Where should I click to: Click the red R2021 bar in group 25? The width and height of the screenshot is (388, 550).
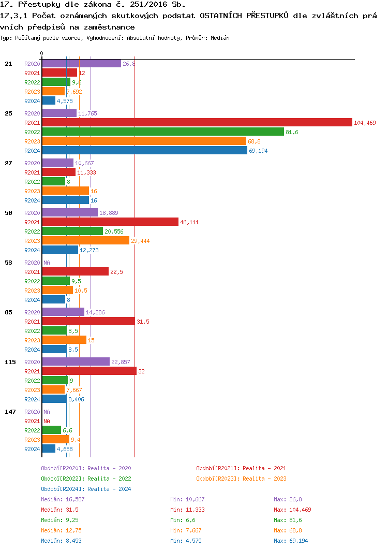pos(197,123)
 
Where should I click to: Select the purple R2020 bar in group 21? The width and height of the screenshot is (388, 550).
pos(81,64)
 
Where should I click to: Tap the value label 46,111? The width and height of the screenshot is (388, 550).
pos(189,222)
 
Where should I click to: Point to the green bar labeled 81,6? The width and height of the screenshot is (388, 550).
pos(162,132)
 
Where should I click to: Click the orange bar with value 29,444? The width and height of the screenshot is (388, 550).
pos(85,241)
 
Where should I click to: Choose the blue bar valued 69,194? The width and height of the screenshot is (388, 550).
pos(144,151)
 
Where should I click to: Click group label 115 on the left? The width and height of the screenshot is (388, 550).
pos(10,362)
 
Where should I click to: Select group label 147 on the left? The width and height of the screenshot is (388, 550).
pos(10,412)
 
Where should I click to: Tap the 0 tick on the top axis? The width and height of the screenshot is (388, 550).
pos(42,53)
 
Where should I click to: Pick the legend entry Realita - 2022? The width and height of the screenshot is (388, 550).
pos(86,479)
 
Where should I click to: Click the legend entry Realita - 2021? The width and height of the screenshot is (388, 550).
pos(241,468)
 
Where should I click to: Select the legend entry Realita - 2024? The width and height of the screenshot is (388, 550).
pos(86,489)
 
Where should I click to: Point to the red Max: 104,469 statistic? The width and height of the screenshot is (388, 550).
pos(292,510)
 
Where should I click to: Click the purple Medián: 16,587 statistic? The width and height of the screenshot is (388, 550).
pos(63,499)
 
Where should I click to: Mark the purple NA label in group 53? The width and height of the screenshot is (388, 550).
pos(47,263)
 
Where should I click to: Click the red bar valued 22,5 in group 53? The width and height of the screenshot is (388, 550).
pos(75,272)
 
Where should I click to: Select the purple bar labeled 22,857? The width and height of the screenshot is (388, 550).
pos(76,362)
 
